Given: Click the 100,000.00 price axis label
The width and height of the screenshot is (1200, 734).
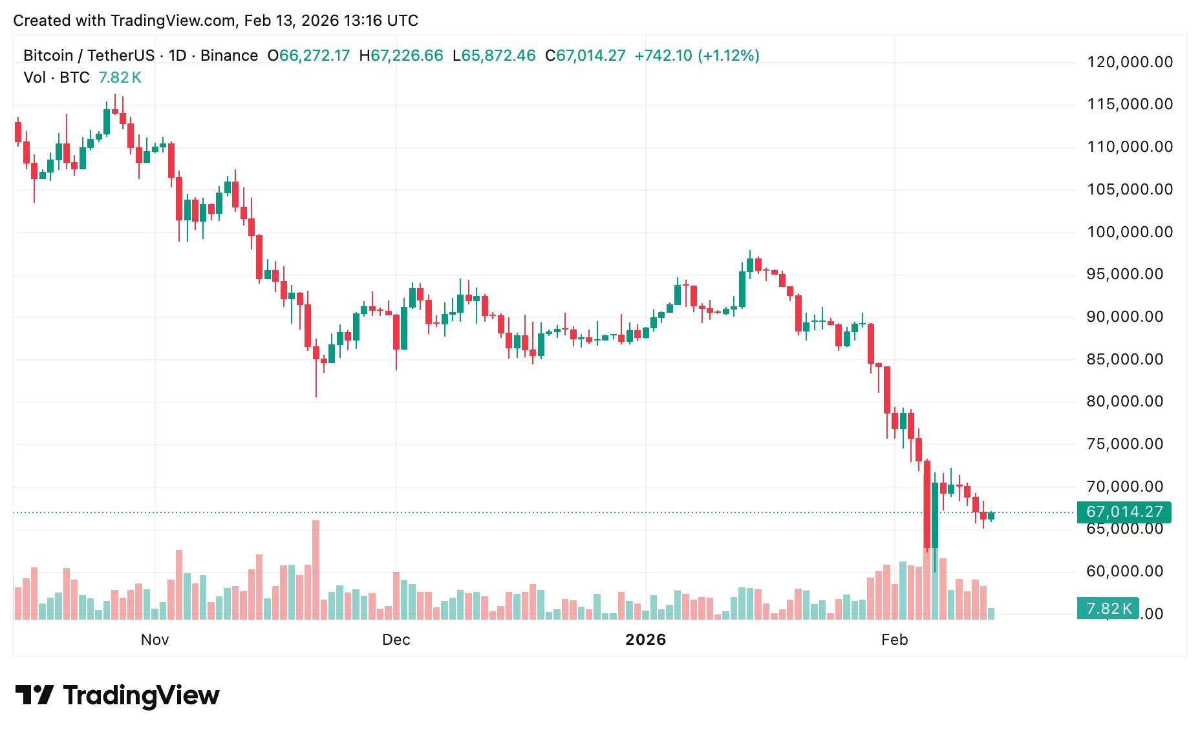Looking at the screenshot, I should pyautogui.click(x=1129, y=232).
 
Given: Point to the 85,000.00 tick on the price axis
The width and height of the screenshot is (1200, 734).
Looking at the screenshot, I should pyautogui.click(x=1124, y=359).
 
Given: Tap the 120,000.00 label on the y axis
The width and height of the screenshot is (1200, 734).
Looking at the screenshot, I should pyautogui.click(x=1129, y=62).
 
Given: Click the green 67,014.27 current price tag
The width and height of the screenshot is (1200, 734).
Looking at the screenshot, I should pyautogui.click(x=1124, y=512).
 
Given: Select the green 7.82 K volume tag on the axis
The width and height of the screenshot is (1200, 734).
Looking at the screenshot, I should pyautogui.click(x=1108, y=608).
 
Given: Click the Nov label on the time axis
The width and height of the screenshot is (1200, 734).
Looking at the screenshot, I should pyautogui.click(x=155, y=640).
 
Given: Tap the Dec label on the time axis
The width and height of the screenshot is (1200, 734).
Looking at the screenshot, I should pyautogui.click(x=396, y=640).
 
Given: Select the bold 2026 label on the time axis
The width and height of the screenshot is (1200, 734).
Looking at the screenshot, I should pyautogui.click(x=645, y=640).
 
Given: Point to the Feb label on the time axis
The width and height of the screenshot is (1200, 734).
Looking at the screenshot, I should pyautogui.click(x=894, y=640).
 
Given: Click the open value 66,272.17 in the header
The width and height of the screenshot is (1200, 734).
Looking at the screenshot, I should pyautogui.click(x=314, y=56).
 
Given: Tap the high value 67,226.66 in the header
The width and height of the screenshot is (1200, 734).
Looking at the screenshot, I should pyautogui.click(x=407, y=56).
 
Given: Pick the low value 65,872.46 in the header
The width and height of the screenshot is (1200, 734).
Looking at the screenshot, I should pyautogui.click(x=498, y=56).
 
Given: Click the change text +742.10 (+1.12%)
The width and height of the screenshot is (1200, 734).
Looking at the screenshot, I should pyautogui.click(x=696, y=56).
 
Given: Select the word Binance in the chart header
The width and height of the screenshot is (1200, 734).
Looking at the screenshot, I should pyautogui.click(x=229, y=56).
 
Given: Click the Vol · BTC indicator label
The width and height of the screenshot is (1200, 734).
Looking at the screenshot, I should pyautogui.click(x=56, y=78).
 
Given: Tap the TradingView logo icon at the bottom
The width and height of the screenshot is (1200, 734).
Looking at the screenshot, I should pyautogui.click(x=34, y=695).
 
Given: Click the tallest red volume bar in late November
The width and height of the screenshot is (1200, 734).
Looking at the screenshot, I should pyautogui.click(x=316, y=569).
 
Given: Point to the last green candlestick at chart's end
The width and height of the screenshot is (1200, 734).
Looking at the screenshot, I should pyautogui.click(x=991, y=516).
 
